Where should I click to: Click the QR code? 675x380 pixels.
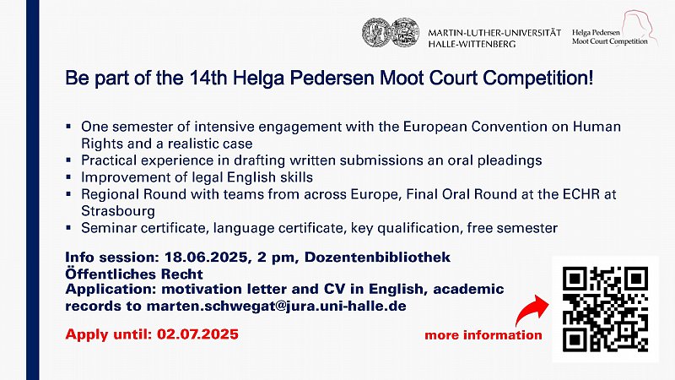point(605,308)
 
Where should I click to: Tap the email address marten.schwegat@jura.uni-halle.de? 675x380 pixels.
point(277,306)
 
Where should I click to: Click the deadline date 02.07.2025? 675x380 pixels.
point(197,334)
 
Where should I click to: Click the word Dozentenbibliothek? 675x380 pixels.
point(377,258)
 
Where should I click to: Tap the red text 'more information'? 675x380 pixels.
point(483,334)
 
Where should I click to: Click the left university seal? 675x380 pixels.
point(375,32)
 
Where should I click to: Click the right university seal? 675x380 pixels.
point(405,32)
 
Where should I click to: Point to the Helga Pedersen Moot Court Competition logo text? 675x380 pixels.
point(609,37)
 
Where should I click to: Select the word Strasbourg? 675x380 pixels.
point(118,211)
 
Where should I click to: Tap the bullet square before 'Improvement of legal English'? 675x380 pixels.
point(68,176)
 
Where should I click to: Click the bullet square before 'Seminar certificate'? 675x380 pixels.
point(68,227)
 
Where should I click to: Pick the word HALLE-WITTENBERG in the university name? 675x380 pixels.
point(472,44)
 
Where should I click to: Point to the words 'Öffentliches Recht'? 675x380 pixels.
point(134,274)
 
